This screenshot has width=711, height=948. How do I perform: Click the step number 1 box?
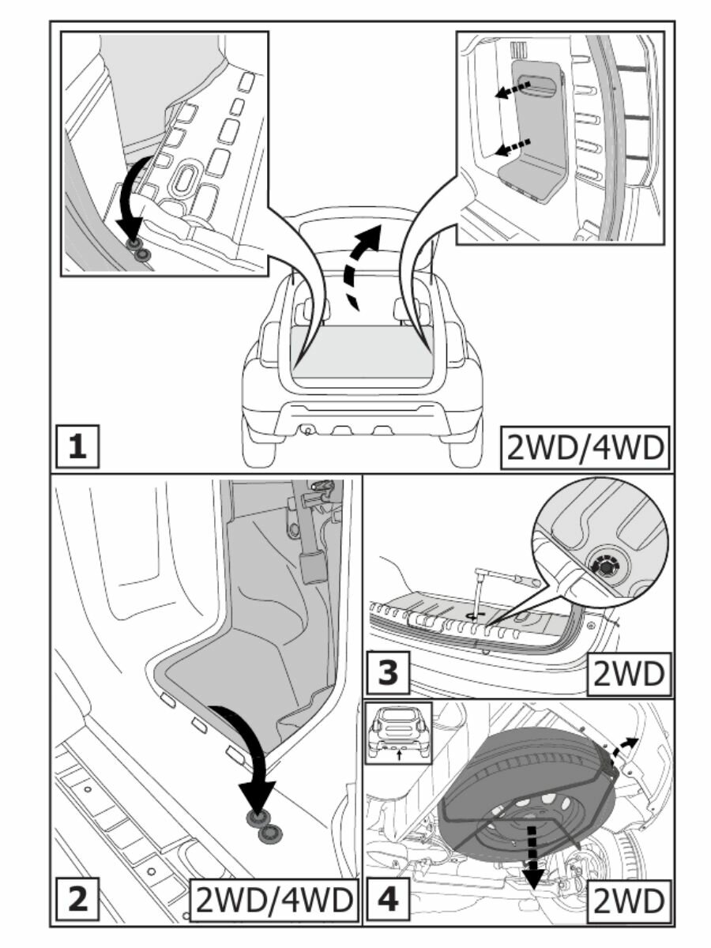point(77,448)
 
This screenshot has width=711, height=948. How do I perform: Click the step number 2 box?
point(77,900)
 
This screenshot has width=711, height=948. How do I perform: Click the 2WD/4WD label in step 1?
point(585,448)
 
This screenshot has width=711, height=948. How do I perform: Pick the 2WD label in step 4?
point(629,900)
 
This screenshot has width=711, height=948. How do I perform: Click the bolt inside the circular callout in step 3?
point(606,566)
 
